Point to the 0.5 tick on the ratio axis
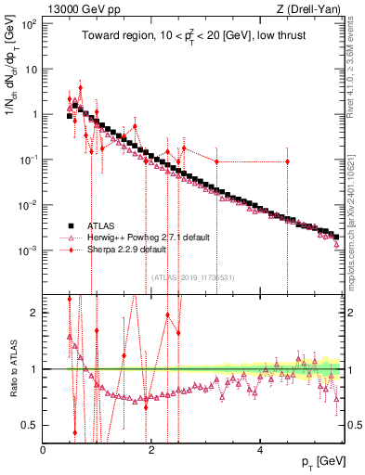pos(33,426)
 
